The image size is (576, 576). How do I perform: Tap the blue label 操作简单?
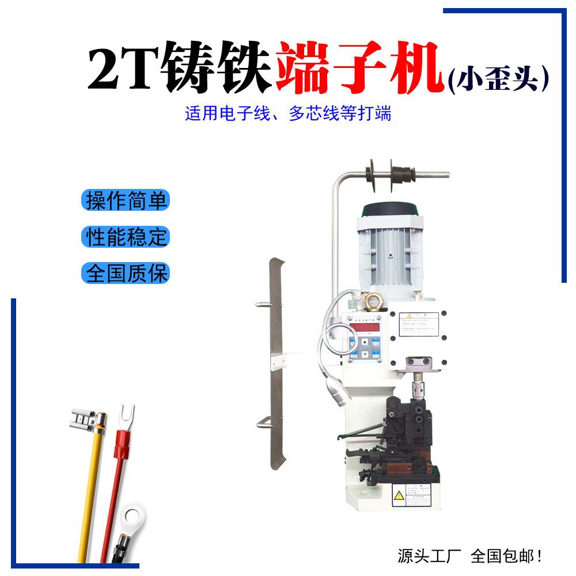pyautogui.click(x=126, y=200)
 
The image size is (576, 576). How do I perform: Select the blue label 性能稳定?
pyautogui.click(x=126, y=236)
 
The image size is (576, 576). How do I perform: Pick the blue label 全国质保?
pyautogui.click(x=126, y=272)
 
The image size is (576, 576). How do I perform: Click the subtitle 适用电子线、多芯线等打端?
pyautogui.click(x=288, y=113)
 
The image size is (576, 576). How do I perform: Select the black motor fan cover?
pyautogui.click(x=387, y=211)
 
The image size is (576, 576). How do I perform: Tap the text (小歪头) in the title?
pyautogui.click(x=497, y=80)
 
